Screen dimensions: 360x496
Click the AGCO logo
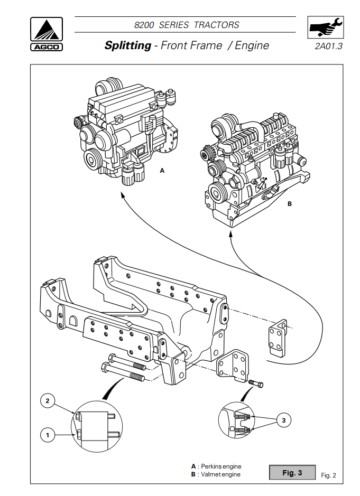pyautogui.click(x=47, y=34)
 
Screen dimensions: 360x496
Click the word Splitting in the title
pyautogui.click(x=127, y=45)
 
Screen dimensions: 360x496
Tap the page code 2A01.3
pyautogui.click(x=328, y=46)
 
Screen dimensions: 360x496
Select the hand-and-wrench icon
pyautogui.click(x=326, y=27)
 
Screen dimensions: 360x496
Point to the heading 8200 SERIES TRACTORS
pyautogui.click(x=187, y=25)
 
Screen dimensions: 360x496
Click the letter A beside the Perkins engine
pyautogui.click(x=162, y=171)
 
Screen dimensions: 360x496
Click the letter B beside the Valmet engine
pyautogui.click(x=289, y=204)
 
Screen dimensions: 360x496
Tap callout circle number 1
pyautogui.click(x=48, y=435)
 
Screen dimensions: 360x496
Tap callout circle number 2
pyautogui.click(x=48, y=401)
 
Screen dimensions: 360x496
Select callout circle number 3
pyautogui.click(x=284, y=420)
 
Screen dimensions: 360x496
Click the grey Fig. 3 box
pyautogui.click(x=292, y=473)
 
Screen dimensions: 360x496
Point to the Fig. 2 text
pyautogui.click(x=328, y=475)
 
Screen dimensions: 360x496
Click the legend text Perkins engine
pyautogui.click(x=221, y=466)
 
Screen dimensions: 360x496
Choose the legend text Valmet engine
pyautogui.click(x=220, y=474)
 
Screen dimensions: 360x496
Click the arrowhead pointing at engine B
pyautogui.click(x=230, y=235)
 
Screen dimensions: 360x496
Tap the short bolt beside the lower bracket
pyautogui.click(x=256, y=383)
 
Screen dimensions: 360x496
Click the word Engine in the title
pyautogui.click(x=252, y=45)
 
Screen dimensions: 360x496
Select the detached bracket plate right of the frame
pyautogui.click(x=278, y=338)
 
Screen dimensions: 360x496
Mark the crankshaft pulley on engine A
pyautogui.click(x=93, y=160)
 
